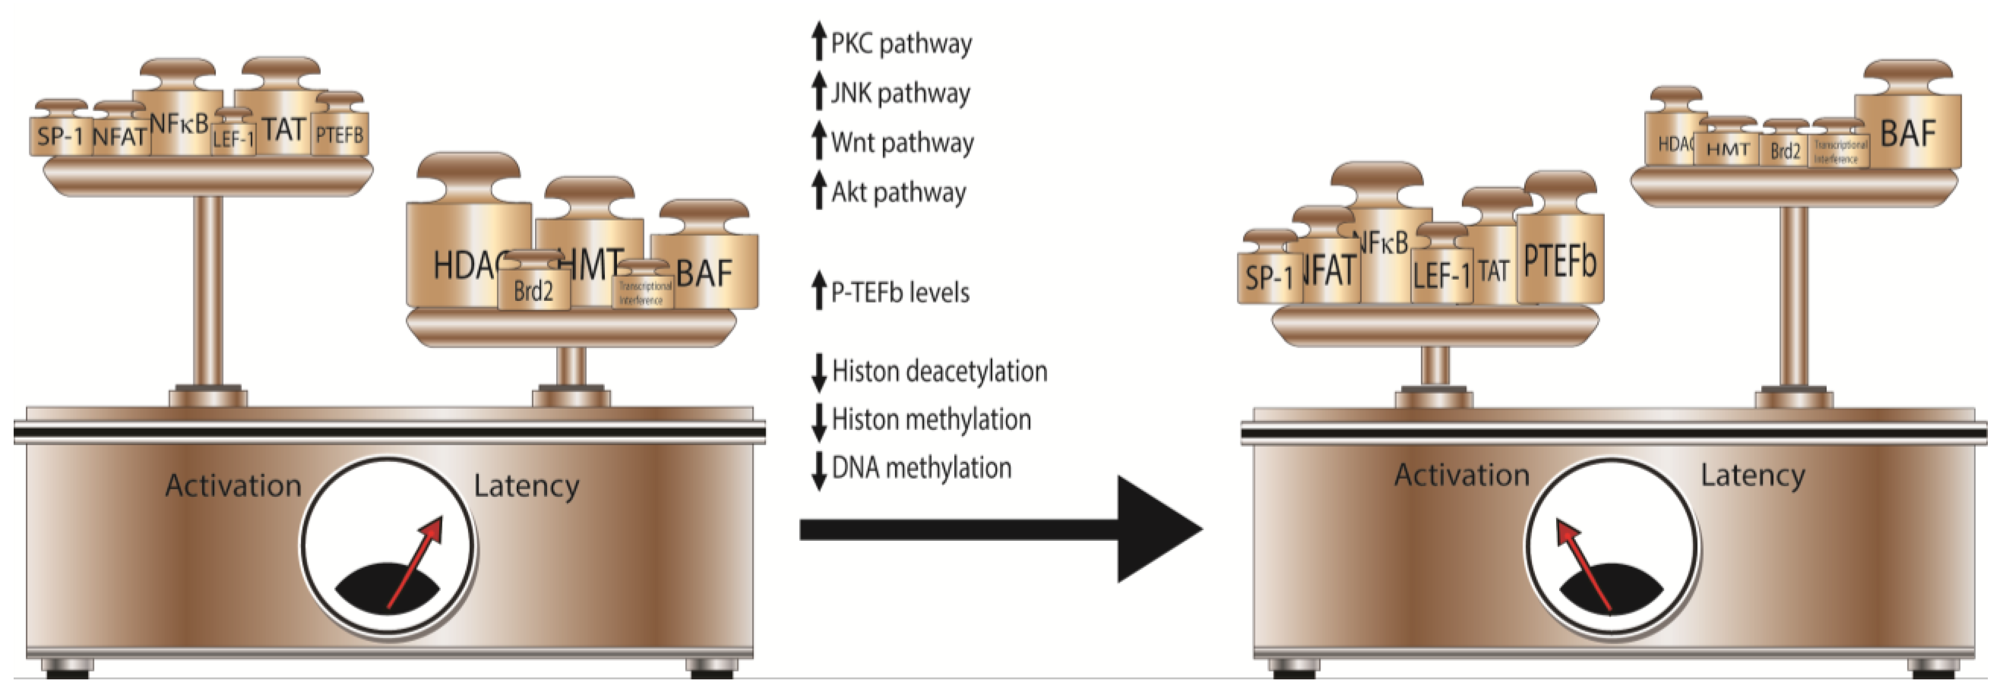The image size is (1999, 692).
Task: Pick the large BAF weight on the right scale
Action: tap(1907, 132)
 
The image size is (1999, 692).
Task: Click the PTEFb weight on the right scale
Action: tap(1560, 260)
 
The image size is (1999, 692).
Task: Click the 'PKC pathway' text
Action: tap(900, 44)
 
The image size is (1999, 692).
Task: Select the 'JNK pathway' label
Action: tap(900, 93)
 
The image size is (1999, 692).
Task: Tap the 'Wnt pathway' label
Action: tap(902, 143)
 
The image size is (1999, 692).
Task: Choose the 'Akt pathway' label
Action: tap(899, 192)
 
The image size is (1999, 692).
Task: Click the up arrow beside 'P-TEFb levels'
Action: tap(818, 291)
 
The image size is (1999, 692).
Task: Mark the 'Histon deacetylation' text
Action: tap(939, 372)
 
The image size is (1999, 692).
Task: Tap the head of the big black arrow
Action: tap(1156, 529)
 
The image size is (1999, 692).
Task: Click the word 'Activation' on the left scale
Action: tap(233, 486)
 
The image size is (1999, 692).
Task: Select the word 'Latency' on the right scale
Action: tap(1752, 475)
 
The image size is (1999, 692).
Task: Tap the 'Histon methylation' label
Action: tap(931, 420)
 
